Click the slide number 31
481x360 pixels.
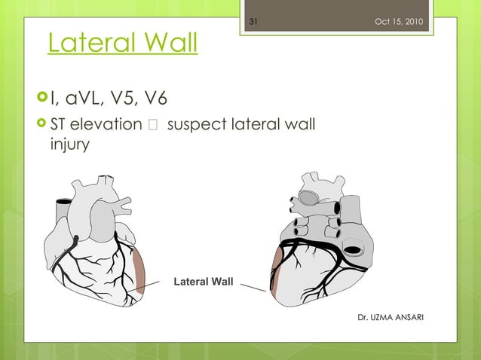(x=253, y=21)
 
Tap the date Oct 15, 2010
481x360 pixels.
(x=399, y=21)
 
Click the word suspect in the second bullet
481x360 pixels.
(x=192, y=123)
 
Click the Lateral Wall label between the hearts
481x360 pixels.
(x=204, y=282)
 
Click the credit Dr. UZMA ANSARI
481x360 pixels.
(x=391, y=317)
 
